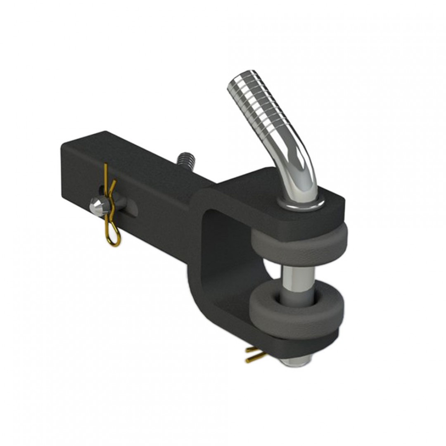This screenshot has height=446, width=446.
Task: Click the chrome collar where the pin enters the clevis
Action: point(301,202)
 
